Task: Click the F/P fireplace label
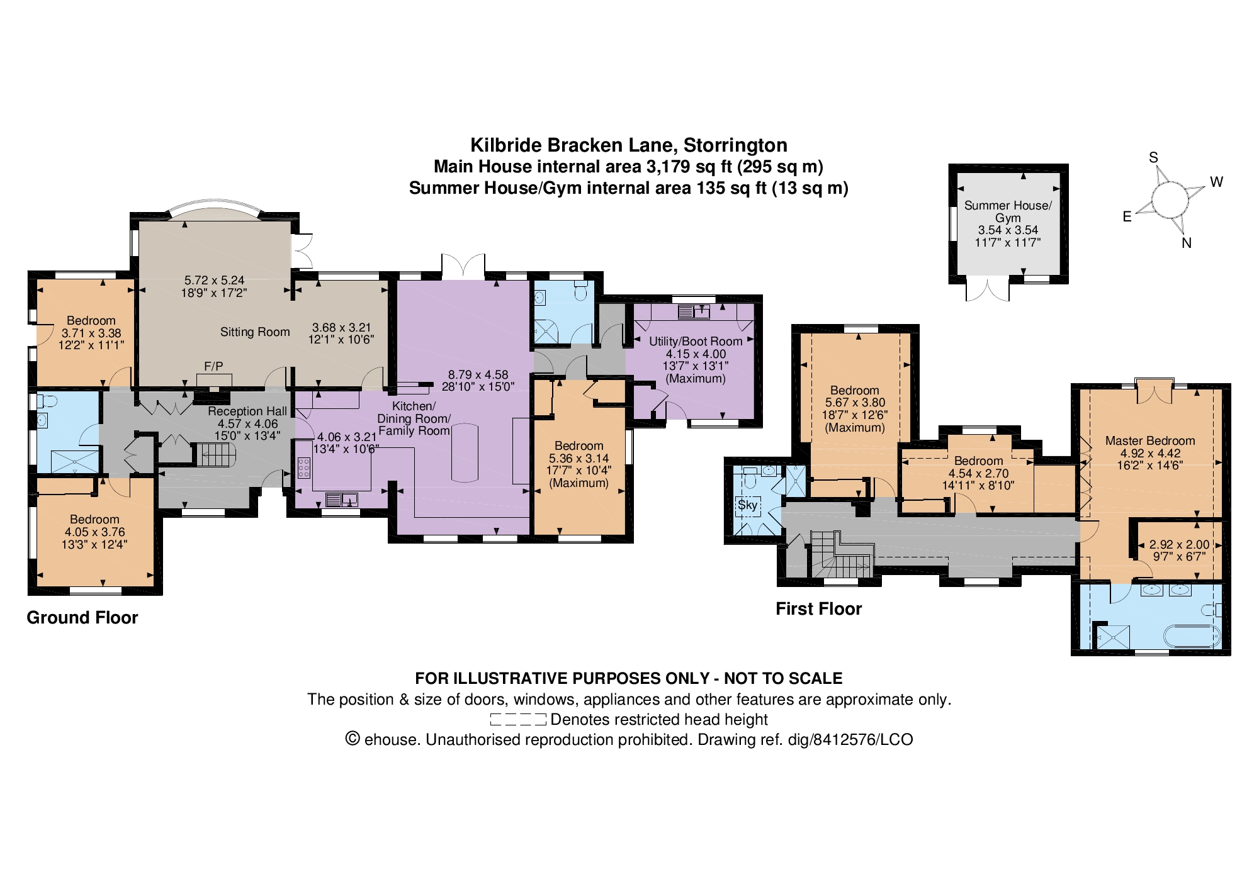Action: click(x=213, y=366)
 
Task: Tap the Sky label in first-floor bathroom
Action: click(x=748, y=505)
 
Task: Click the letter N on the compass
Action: click(x=1187, y=243)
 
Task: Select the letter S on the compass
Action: click(x=1154, y=158)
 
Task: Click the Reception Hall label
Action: click(x=247, y=411)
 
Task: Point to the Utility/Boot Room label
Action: click(x=696, y=341)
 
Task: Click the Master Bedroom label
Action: click(x=1149, y=440)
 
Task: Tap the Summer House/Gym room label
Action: click(x=1007, y=211)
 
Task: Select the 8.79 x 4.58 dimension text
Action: click(x=478, y=374)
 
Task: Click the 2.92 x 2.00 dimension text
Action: click(x=1179, y=545)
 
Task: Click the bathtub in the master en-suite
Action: click(x=1192, y=637)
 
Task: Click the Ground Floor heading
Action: click(x=82, y=618)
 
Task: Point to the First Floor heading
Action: click(x=818, y=609)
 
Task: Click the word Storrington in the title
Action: click(x=735, y=145)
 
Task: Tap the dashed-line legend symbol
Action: click(x=517, y=720)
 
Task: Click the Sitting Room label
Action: click(x=255, y=332)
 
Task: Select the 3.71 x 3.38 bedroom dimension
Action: click(x=91, y=333)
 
